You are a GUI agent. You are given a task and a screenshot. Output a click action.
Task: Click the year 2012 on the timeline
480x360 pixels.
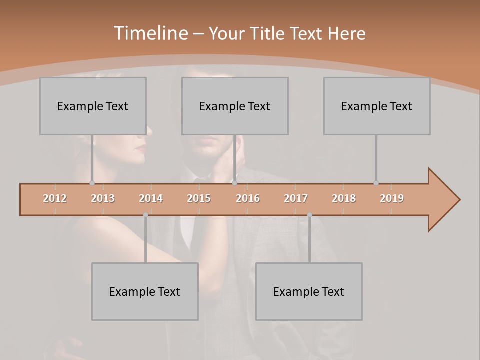tap(55, 198)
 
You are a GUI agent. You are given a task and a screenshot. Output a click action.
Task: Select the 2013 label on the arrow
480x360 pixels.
tap(103, 198)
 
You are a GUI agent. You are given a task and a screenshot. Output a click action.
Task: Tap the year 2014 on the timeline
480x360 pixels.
tap(151, 198)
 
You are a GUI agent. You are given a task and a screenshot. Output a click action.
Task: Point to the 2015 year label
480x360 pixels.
tap(199, 198)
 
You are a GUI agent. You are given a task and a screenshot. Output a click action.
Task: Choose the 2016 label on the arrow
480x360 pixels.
tap(248, 198)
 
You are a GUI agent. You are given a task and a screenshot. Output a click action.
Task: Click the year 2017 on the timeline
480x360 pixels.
tap(296, 198)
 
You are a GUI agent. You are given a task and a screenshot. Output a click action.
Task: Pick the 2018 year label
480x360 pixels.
tap(344, 198)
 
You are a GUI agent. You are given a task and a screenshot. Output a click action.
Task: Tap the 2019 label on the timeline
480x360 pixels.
tap(392, 198)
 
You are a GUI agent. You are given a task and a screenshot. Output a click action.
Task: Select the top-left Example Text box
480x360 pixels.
tap(93, 106)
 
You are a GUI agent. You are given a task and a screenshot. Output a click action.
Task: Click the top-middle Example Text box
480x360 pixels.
tap(235, 106)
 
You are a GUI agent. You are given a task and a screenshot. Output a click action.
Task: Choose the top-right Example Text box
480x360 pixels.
tap(377, 106)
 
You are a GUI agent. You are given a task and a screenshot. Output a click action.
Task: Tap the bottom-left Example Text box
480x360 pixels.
tap(145, 291)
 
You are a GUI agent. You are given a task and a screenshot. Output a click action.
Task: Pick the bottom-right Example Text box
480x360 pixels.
tap(309, 291)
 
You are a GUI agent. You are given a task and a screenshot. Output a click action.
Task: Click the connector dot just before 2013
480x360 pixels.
tap(92, 183)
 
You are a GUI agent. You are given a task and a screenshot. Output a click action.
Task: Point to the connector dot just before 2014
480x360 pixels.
tap(145, 215)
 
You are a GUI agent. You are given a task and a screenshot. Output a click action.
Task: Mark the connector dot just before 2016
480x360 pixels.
tap(234, 183)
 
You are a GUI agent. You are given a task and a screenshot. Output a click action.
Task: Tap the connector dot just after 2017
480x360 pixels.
tap(309, 215)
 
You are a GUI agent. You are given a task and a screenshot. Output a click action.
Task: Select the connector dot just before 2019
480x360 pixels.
tap(376, 183)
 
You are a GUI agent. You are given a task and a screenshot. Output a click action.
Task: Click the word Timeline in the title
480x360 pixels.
tap(150, 33)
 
